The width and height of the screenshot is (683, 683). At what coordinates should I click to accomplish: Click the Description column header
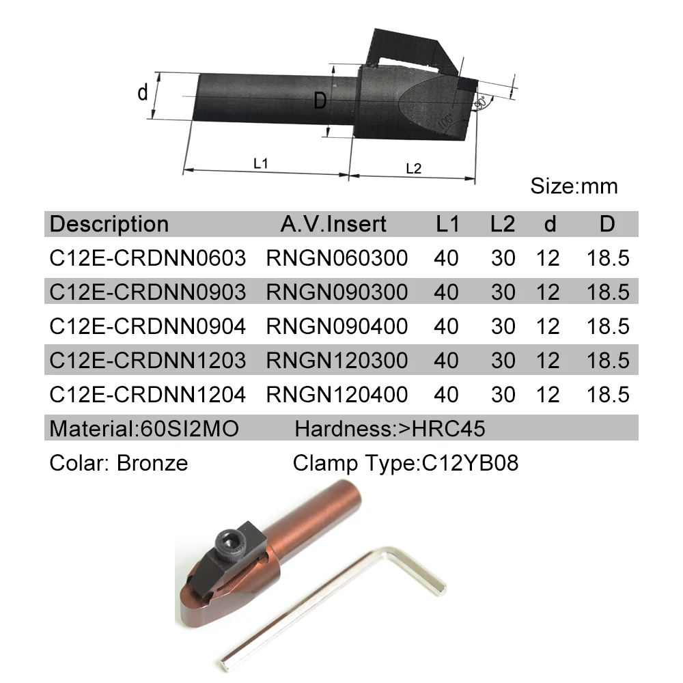tap(109, 224)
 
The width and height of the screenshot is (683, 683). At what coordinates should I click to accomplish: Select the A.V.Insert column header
tap(333, 224)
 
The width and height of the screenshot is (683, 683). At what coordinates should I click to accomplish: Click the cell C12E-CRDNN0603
tap(148, 258)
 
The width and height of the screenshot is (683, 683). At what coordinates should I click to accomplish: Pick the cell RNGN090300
tap(337, 292)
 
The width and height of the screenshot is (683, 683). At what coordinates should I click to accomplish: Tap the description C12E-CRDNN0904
tap(148, 326)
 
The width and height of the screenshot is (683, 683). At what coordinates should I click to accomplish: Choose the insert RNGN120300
tap(337, 361)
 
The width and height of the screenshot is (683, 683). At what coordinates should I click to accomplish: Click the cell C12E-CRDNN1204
tap(148, 395)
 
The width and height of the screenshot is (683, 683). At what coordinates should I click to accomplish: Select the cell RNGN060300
tap(337, 258)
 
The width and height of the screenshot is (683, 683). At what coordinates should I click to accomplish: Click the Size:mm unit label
tap(574, 186)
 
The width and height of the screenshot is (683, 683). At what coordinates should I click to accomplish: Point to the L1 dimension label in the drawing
tap(260, 164)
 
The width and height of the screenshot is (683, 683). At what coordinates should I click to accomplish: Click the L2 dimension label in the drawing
tap(413, 168)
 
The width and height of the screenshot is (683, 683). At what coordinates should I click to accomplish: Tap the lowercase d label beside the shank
tap(143, 92)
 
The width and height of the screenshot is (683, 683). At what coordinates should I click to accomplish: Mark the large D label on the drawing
tap(320, 102)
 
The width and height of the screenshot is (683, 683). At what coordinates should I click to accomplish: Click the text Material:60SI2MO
tap(144, 429)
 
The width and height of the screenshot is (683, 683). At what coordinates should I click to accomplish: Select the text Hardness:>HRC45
tap(389, 429)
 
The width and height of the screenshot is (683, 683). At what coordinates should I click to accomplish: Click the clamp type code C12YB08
tap(470, 463)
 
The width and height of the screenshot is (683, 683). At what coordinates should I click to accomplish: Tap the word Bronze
tap(152, 463)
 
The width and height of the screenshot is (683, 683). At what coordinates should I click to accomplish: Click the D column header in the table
tap(607, 224)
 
